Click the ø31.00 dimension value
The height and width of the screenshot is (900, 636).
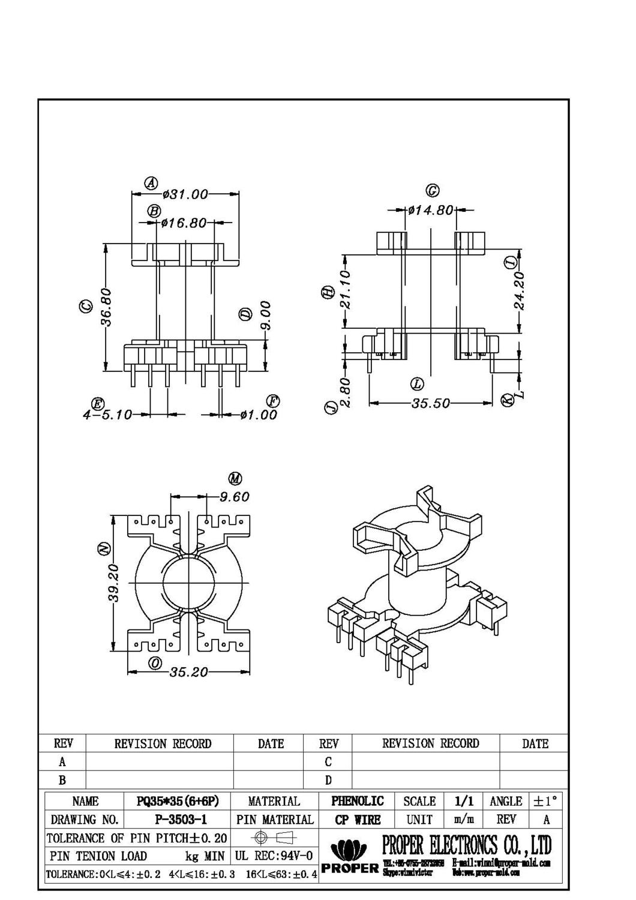point(185,194)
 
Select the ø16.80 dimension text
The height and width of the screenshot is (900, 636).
point(184,223)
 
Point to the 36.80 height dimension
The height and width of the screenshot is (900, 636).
point(106,307)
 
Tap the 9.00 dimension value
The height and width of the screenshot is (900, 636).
point(266,316)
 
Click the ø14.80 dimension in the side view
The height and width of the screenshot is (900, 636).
point(431,211)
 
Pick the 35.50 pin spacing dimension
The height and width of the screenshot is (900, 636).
point(430,403)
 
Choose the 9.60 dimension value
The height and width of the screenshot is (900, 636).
point(234,497)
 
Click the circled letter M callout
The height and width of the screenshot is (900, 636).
point(235,478)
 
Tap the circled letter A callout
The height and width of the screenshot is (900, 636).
point(151,182)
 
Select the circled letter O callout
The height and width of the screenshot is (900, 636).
point(155,663)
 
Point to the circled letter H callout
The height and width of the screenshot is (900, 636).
point(328,292)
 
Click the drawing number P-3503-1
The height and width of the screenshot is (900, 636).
point(181,819)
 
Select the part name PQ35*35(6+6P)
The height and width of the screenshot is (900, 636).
point(178,801)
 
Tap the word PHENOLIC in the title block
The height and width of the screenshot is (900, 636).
point(358,801)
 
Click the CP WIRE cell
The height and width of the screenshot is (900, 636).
point(358,819)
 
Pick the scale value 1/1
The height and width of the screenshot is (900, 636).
point(464,801)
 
